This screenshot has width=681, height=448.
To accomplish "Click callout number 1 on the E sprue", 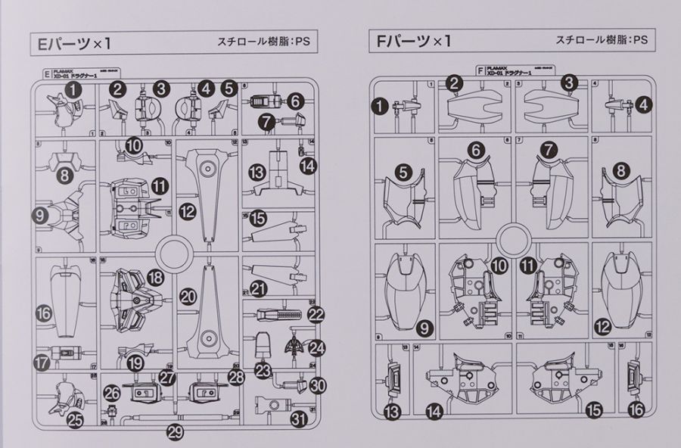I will point(72,89).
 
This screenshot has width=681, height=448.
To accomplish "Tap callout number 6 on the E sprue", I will point(295,100).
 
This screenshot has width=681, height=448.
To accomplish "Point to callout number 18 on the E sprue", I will point(156,278).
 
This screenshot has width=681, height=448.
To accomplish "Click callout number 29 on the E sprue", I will point(175,433).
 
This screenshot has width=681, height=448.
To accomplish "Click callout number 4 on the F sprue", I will point(642,106).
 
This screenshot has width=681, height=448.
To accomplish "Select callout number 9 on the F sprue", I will point(423,328).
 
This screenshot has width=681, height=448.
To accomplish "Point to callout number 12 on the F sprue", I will point(602,328).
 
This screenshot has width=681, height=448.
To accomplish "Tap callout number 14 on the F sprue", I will point(434,411).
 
